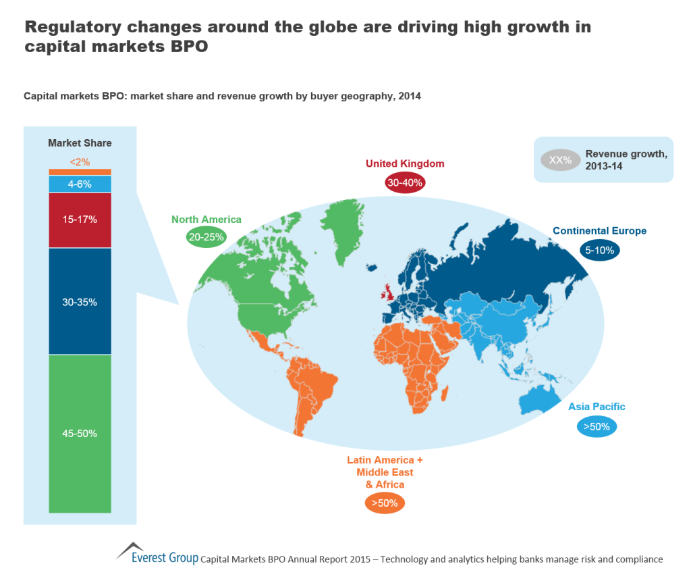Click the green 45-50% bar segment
[80, 433]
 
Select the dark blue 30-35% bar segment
[80, 301]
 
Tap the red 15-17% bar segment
[80, 220]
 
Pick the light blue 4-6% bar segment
[80, 184]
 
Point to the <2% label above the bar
[80, 162]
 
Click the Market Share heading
[80, 143]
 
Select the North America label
[206, 220]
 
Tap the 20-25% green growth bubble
[205, 237]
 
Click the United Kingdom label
[405, 163]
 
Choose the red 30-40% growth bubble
[405, 182]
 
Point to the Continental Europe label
[599, 231]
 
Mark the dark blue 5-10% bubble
[600, 250]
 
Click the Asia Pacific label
[597, 407]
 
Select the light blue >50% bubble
[597, 426]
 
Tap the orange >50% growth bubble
[385, 503]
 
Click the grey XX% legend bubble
[560, 161]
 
